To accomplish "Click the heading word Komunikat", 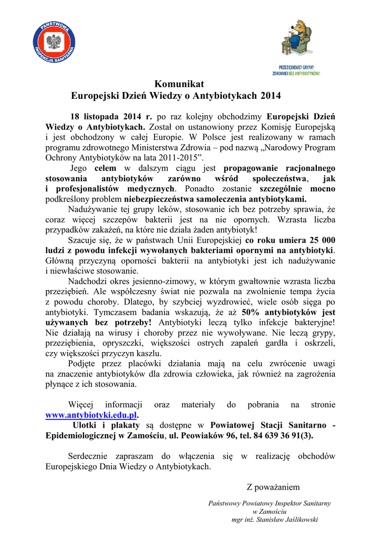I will pos(179,84).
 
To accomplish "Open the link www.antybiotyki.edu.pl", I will pos(91,415).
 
